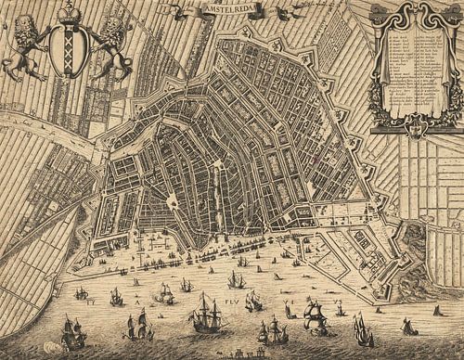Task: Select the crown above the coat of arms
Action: click(x=68, y=12)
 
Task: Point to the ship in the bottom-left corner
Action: click(x=71, y=332)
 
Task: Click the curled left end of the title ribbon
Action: click(x=168, y=9)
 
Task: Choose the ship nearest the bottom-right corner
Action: click(x=408, y=326)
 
